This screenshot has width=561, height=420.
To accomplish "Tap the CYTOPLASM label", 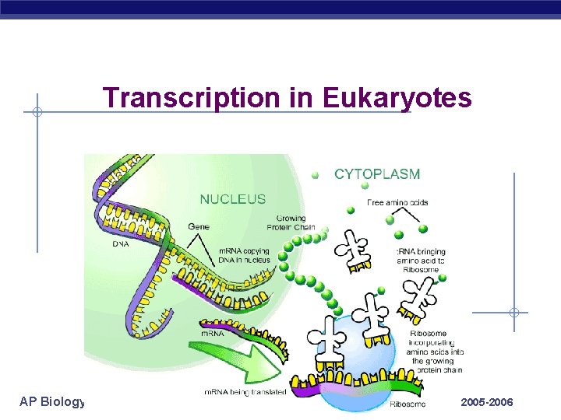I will click(x=377, y=174).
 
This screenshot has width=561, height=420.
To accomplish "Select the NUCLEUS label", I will click(x=233, y=199).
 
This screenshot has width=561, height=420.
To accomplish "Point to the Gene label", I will click(x=198, y=226).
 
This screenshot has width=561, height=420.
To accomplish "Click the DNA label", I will click(x=120, y=244).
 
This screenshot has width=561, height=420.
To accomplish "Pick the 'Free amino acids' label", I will click(x=397, y=203).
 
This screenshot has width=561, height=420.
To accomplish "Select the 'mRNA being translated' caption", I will click(x=245, y=392).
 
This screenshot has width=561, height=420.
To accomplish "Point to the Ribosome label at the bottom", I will click(x=408, y=404).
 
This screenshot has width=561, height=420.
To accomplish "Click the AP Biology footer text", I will click(x=51, y=402).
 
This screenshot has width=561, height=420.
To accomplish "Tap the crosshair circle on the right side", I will click(x=514, y=313).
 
